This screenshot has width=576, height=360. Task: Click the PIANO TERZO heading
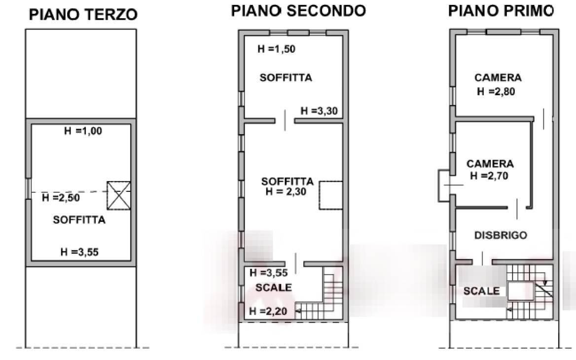coord(83,15)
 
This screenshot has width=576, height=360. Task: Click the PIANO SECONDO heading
coord(298,11)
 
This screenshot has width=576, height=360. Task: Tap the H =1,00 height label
coord(83,131)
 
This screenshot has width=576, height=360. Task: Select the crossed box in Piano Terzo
coord(119,195)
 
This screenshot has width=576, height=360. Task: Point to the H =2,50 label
coord(61,198)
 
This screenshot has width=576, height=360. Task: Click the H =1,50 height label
coord(276,49)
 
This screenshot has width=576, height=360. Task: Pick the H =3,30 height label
coord(319,110)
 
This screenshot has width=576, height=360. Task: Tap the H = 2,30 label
coord(286,191)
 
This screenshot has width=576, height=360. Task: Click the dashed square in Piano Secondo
coord(330,195)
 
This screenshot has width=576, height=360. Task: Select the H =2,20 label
coord(268,311)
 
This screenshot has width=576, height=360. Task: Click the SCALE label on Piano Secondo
coord(274,288)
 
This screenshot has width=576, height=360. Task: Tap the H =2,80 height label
coord(496,91)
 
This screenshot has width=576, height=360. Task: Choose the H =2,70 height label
coord(489,176)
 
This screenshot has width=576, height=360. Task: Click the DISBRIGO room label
coord(501,235)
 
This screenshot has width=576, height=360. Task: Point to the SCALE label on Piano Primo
coord(482,291)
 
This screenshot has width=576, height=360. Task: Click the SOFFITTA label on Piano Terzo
coord(79,219)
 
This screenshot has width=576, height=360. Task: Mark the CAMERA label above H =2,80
coord(498,77)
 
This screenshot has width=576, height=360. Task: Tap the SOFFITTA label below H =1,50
coord(286,77)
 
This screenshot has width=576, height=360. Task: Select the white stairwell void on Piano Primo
coord(521,291)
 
